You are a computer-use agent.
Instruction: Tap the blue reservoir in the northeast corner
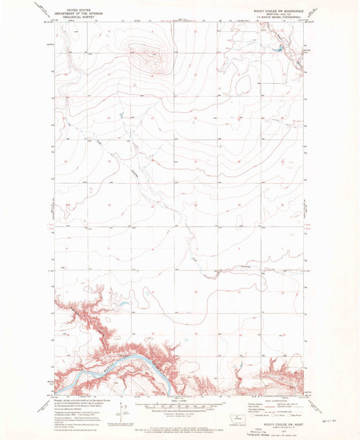[277, 49]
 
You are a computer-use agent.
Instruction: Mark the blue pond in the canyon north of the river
[122, 303]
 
